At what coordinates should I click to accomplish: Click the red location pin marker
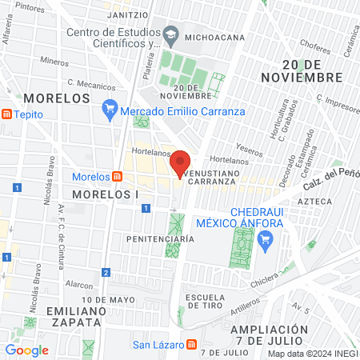[x=181, y=162]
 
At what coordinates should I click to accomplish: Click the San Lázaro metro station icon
[x=191, y=345]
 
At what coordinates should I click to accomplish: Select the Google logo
[x=26, y=350]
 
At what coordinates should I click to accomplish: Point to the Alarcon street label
[x=79, y=283]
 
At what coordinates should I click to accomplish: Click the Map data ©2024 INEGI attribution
[x=312, y=353]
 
